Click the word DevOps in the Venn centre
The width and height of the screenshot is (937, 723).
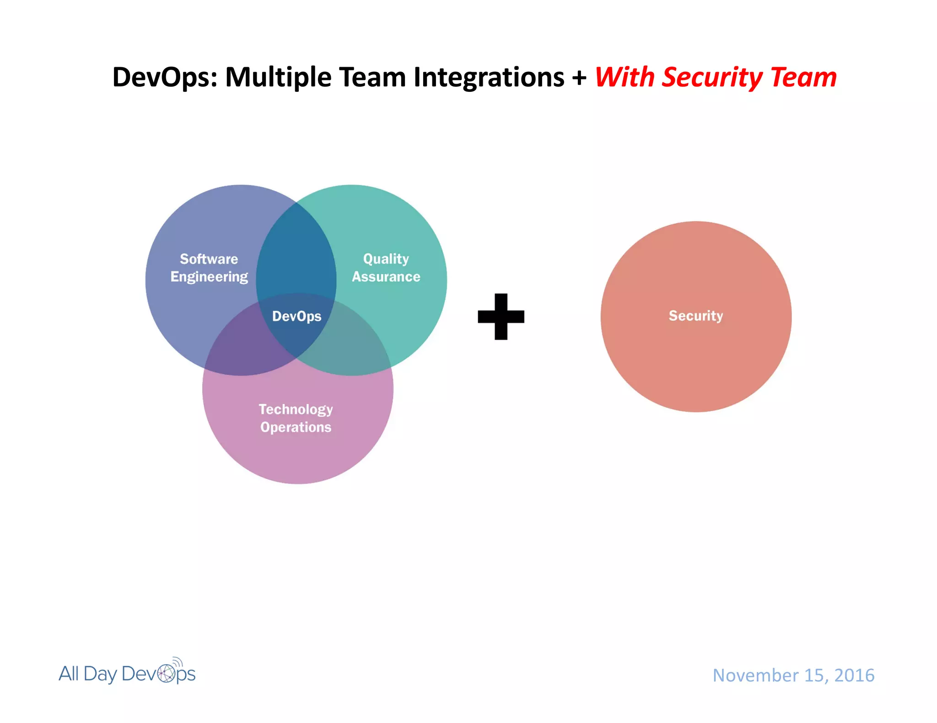point(296,316)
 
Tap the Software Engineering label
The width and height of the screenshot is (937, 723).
point(209,268)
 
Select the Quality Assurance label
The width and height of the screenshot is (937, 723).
point(386,268)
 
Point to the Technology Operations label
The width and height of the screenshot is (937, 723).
point(296,418)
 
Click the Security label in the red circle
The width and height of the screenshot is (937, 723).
point(696,316)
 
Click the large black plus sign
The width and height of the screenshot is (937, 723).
point(501,317)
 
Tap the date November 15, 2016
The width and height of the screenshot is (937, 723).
point(793,675)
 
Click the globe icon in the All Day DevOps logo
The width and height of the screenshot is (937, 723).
point(167,673)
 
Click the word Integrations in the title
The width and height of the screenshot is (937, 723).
point(489,77)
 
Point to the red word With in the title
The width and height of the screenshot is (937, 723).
point(625,77)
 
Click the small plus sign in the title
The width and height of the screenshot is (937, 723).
point(579,78)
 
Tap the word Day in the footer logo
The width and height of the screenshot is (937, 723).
point(100,674)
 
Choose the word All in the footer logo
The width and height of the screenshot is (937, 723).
point(69,674)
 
